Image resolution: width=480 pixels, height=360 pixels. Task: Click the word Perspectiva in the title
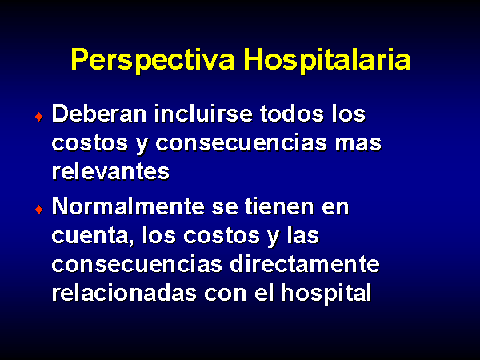point(153,60)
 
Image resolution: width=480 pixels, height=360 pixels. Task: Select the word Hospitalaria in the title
point(327,60)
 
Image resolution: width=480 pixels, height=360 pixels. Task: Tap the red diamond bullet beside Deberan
point(39,117)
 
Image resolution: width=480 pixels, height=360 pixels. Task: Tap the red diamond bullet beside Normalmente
point(39,210)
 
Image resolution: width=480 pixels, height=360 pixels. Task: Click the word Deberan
point(99,114)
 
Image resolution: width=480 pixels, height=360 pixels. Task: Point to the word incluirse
point(203,114)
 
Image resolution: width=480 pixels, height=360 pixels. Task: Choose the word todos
point(292,114)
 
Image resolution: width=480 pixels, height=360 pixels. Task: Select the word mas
point(358,143)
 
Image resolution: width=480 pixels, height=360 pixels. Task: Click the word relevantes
point(110,171)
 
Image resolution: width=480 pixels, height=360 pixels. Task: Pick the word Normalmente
point(128,206)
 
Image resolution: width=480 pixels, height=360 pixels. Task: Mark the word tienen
point(279,206)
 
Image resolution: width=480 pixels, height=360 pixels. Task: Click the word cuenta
point(93,236)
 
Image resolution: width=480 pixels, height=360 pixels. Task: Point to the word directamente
point(305,264)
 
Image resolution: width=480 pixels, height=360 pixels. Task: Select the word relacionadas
point(124,293)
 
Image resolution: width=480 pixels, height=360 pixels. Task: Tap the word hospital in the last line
point(326,294)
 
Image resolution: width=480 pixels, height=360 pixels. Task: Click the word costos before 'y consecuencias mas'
point(90,143)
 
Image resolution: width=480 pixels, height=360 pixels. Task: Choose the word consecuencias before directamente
point(137,265)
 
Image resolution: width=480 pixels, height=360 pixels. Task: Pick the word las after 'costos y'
point(303,235)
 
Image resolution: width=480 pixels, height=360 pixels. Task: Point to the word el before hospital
point(264,293)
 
